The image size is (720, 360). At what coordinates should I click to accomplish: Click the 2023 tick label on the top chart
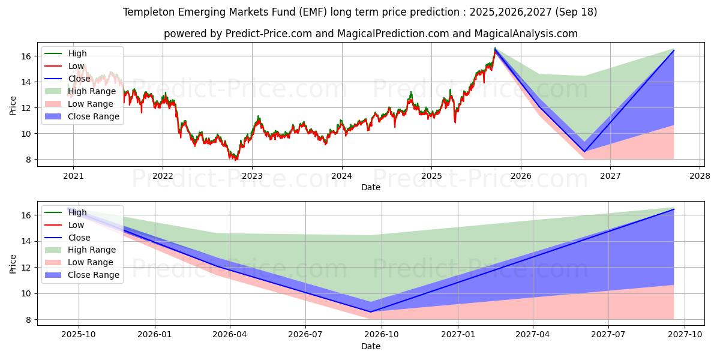(x=251, y=176)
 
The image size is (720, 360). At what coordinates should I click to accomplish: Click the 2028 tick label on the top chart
(x=700, y=176)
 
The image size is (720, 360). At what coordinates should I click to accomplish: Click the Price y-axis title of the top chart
(x=13, y=106)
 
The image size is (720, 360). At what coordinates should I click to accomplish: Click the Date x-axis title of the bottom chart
(x=370, y=346)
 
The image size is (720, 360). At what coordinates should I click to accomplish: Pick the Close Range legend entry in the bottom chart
(x=93, y=275)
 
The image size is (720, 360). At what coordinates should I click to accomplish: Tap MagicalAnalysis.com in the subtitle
(x=526, y=34)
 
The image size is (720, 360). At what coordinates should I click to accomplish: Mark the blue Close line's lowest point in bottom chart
(x=370, y=312)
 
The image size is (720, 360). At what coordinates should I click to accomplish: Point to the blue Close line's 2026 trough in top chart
(x=584, y=152)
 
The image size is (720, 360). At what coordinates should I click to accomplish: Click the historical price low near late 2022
(x=235, y=160)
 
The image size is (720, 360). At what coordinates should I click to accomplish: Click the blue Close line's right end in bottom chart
(x=674, y=209)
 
